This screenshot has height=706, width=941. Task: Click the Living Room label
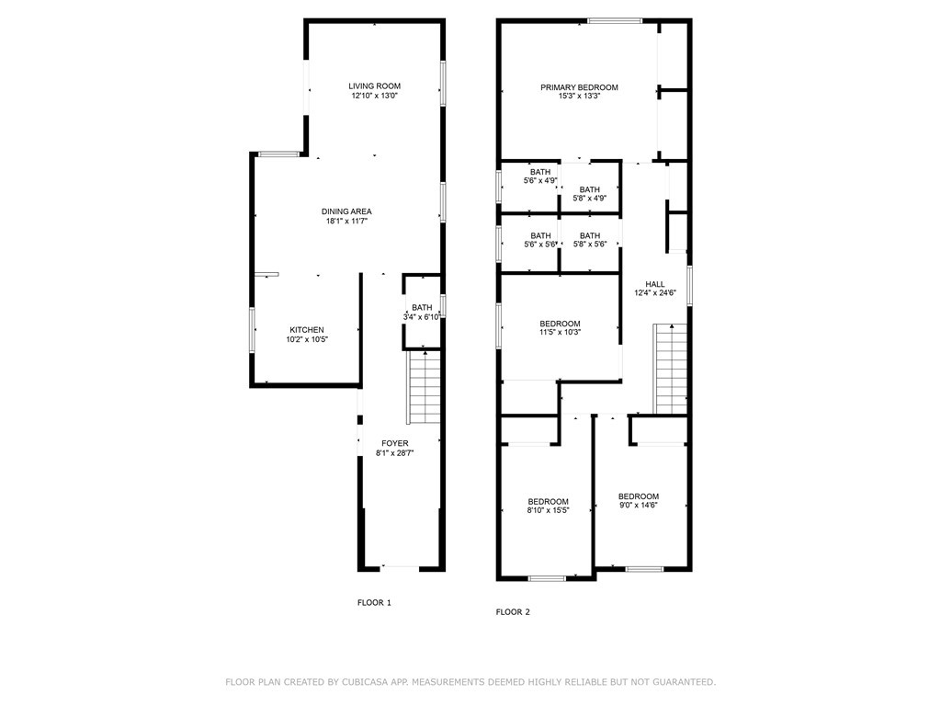tap(375, 85)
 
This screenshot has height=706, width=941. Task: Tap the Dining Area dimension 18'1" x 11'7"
tap(346, 221)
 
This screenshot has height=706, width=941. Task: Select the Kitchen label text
tap(307, 330)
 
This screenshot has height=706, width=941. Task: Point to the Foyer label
tap(395, 444)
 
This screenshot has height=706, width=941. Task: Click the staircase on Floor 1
tap(425, 387)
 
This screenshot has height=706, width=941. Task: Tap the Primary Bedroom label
tap(579, 87)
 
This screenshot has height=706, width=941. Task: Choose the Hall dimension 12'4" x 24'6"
tap(655, 293)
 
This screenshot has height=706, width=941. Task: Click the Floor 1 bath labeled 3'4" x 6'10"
tap(423, 312)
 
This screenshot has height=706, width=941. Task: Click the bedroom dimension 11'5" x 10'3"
tap(560, 332)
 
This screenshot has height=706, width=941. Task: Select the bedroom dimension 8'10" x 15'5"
tap(548, 510)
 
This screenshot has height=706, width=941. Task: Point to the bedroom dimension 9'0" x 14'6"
tap(639, 505)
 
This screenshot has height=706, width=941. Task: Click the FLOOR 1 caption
tap(375, 603)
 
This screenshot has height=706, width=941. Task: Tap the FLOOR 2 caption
tap(513, 612)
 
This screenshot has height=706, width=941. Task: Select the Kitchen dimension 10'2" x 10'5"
tap(307, 339)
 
